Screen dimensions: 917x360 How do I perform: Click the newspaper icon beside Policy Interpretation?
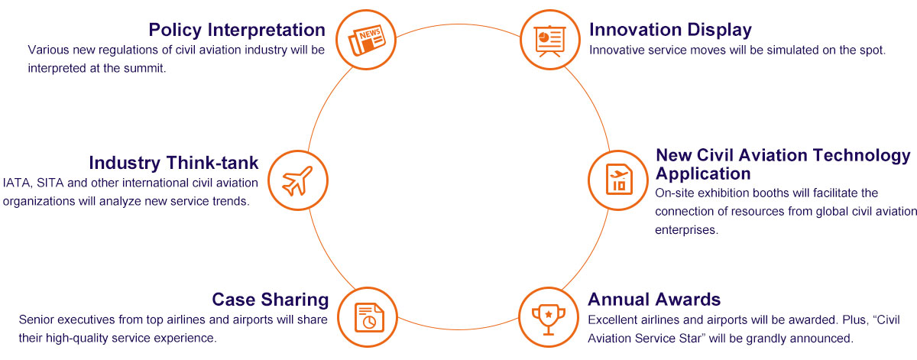[366, 41]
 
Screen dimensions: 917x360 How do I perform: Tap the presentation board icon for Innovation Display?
[549, 41]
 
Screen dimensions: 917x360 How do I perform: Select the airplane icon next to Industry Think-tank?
[297, 180]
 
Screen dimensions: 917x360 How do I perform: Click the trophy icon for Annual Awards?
[549, 319]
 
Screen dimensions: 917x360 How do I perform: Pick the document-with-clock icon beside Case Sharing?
[369, 317]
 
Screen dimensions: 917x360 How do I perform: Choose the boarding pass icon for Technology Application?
[619, 180]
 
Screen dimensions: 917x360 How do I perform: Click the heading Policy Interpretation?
[237, 31]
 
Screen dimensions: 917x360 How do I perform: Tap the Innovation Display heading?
[671, 31]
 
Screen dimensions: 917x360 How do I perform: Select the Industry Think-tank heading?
[173, 163]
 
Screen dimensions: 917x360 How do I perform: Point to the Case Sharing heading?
[271, 300]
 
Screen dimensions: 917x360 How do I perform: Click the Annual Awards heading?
[654, 300]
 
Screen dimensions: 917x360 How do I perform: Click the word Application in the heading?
[703, 174]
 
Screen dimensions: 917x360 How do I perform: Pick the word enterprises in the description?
[686, 230]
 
